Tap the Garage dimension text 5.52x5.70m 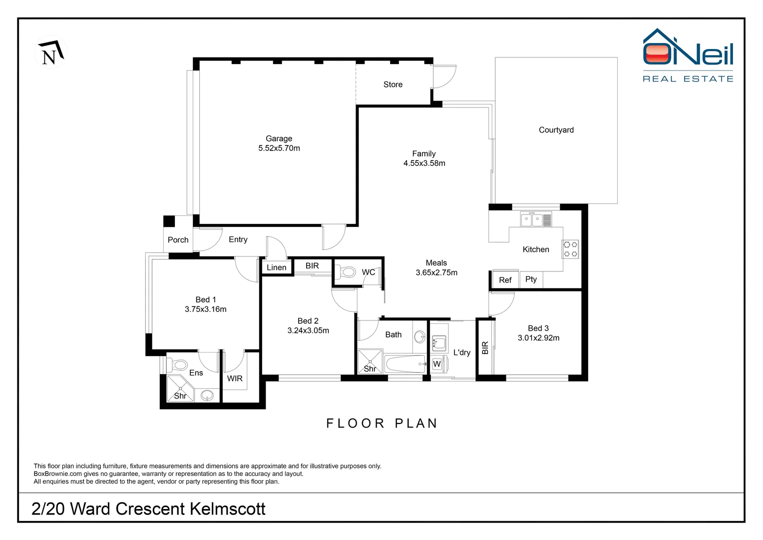[x=279, y=148]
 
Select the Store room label [x=393, y=84]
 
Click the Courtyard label [x=556, y=130]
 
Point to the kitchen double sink [x=536, y=219]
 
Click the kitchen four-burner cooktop [x=570, y=249]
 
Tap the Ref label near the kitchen [x=505, y=280]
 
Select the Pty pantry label [x=531, y=279]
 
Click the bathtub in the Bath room [x=405, y=364]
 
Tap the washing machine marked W [x=437, y=364]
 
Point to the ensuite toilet [x=177, y=365]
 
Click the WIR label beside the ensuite [x=235, y=378]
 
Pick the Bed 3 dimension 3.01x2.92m [x=538, y=338]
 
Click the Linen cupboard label [x=276, y=267]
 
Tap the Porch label [x=178, y=240]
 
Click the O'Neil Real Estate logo [x=688, y=55]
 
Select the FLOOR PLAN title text [x=382, y=423]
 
